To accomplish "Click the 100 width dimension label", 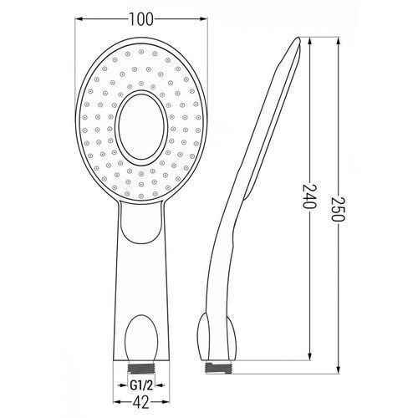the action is (x=141, y=19).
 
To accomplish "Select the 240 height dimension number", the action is (x=309, y=196).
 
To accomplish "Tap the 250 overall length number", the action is (x=338, y=209).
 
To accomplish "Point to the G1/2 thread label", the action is (x=141, y=386).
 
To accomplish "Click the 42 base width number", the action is (x=141, y=402).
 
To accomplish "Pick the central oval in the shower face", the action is (x=141, y=127).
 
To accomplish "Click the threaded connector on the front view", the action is (x=141, y=369).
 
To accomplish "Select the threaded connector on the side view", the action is (x=217, y=368).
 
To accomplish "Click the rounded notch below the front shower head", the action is (x=141, y=222).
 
